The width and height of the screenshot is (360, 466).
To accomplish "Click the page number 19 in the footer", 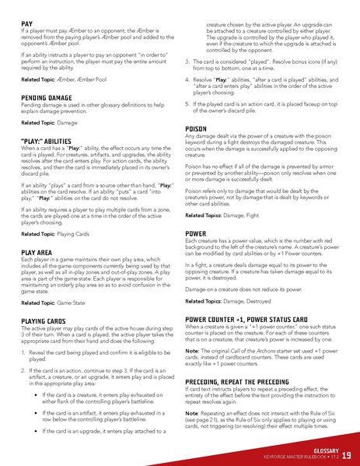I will tap(345, 455).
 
